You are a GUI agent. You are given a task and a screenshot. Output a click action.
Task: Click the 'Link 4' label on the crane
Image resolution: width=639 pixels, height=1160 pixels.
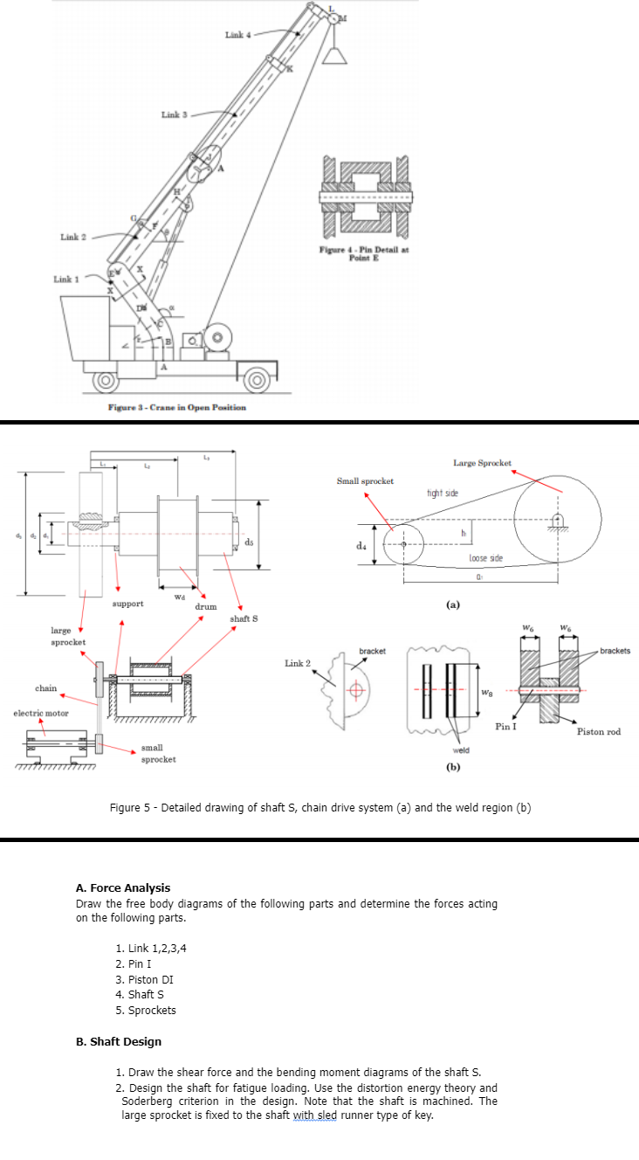(x=237, y=35)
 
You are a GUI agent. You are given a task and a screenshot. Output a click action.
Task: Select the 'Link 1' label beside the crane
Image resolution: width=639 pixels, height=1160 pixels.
(x=66, y=280)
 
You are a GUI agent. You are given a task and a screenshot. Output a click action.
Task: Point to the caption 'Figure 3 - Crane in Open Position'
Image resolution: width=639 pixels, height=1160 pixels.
(x=176, y=407)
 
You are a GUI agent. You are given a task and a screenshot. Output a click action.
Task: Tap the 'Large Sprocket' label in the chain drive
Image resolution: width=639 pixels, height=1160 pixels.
(x=483, y=462)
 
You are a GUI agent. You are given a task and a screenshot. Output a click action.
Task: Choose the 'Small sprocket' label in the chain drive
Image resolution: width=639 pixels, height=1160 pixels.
(x=365, y=480)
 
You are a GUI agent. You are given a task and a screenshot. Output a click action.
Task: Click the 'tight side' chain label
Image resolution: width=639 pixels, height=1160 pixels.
(x=443, y=494)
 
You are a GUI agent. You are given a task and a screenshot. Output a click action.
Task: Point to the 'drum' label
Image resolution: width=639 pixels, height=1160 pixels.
(x=206, y=605)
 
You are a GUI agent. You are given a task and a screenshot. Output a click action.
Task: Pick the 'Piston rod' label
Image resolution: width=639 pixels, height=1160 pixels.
(x=599, y=731)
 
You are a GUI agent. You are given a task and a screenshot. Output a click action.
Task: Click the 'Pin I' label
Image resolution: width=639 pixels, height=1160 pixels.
(x=506, y=726)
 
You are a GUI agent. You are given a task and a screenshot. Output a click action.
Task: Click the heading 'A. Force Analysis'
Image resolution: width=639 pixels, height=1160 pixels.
(x=123, y=888)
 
